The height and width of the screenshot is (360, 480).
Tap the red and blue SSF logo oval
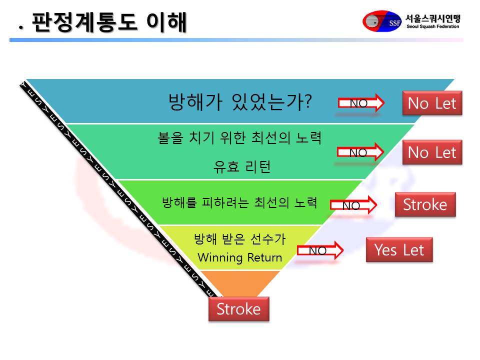coord(382,21)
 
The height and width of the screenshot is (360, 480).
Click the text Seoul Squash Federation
coord(432,26)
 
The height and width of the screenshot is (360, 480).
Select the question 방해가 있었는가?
coord(240,102)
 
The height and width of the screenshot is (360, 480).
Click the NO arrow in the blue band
coord(361,103)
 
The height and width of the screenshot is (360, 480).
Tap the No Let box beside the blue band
coord(432,103)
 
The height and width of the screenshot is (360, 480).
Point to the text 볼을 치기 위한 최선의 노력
coord(239,138)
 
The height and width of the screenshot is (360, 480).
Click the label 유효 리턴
coord(242,167)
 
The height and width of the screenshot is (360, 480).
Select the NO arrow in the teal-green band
coord(360,152)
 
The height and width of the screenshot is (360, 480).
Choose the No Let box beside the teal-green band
coord(432,152)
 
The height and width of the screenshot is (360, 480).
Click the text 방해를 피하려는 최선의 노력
coord(239,202)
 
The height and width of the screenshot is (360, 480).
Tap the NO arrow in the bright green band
coord(353,205)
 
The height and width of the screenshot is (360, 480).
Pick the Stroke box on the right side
coord(425,204)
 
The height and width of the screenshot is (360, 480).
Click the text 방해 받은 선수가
coord(239,239)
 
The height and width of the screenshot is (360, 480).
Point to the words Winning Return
coord(239,257)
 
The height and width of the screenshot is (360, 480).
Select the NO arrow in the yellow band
coord(320,250)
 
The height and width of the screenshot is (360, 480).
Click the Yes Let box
coord(399,250)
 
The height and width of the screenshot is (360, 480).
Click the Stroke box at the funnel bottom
coord(239,309)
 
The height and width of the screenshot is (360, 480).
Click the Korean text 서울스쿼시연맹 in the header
coord(433,18)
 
